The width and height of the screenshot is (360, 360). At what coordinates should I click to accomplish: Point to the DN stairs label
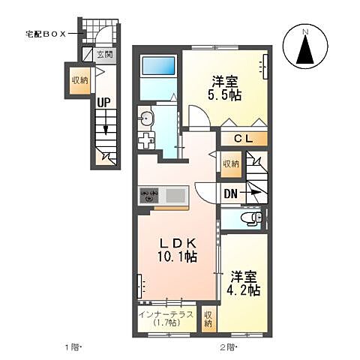(x=232, y=192)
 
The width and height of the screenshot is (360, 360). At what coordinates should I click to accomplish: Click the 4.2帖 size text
(x=245, y=289)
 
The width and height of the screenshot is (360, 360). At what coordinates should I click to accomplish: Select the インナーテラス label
(x=166, y=314)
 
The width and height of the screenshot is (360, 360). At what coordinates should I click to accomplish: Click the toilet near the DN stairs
(x=252, y=219)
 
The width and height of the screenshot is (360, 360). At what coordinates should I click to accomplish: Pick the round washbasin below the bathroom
(x=147, y=117)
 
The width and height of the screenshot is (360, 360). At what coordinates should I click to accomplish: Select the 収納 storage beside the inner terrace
(x=209, y=318)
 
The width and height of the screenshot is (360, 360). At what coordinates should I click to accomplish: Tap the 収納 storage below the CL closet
(x=230, y=163)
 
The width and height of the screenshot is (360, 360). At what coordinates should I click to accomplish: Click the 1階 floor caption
(x=71, y=346)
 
